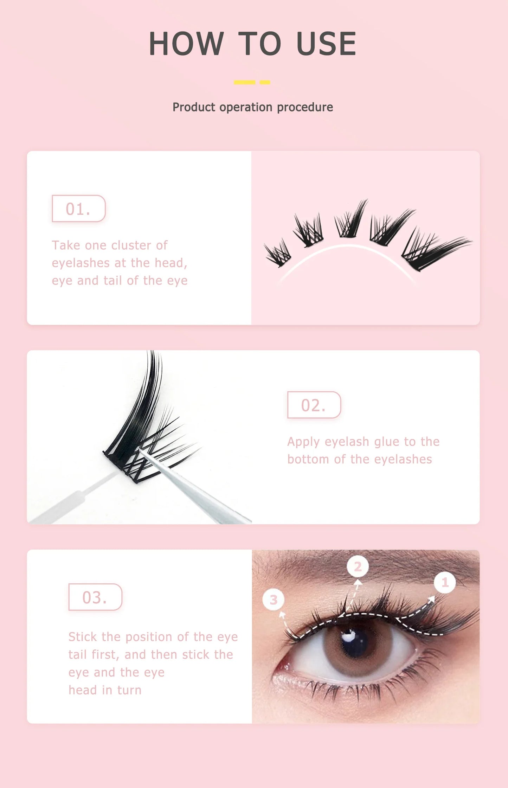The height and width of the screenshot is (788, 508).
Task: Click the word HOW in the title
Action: click(x=186, y=44)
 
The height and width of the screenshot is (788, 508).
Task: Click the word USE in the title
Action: click(x=327, y=44)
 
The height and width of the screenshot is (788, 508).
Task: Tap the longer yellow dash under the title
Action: click(x=244, y=82)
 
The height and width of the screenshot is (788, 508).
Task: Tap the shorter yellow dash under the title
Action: click(x=265, y=82)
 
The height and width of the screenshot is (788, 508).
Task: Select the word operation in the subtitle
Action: click(x=246, y=107)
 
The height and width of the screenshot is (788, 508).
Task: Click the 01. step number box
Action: click(x=78, y=209)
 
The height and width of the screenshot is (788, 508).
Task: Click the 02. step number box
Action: click(x=314, y=405)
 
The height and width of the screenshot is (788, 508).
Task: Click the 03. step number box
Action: click(x=95, y=597)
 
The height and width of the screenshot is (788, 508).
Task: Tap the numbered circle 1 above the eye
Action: click(x=445, y=582)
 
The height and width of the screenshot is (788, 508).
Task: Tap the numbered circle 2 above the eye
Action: click(x=358, y=566)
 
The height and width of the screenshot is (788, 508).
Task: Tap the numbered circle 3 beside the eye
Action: click(x=274, y=600)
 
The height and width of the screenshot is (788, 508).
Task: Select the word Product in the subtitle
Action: click(x=194, y=107)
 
